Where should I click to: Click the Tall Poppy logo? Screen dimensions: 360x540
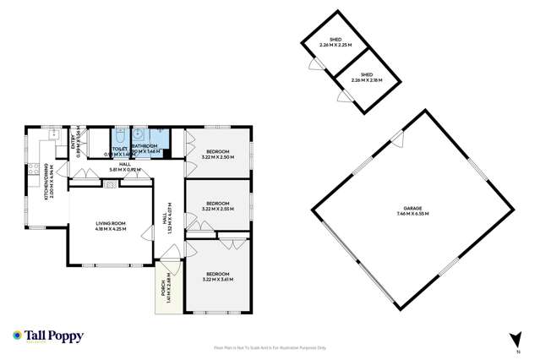48,335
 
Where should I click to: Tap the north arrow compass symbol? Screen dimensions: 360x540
517,338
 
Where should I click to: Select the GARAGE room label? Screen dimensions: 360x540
412,211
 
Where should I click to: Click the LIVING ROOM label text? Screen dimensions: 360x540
110,226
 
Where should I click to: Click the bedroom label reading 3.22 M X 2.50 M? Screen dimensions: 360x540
217,154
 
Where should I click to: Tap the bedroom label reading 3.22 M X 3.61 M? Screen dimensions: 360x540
217,276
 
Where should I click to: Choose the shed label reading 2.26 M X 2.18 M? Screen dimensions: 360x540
367,78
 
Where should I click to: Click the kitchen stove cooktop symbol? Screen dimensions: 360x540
34,169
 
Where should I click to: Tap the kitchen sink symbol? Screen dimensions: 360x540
53,134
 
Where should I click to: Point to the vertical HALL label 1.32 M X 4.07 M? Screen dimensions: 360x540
167,222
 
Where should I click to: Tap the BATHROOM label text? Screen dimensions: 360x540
145,146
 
